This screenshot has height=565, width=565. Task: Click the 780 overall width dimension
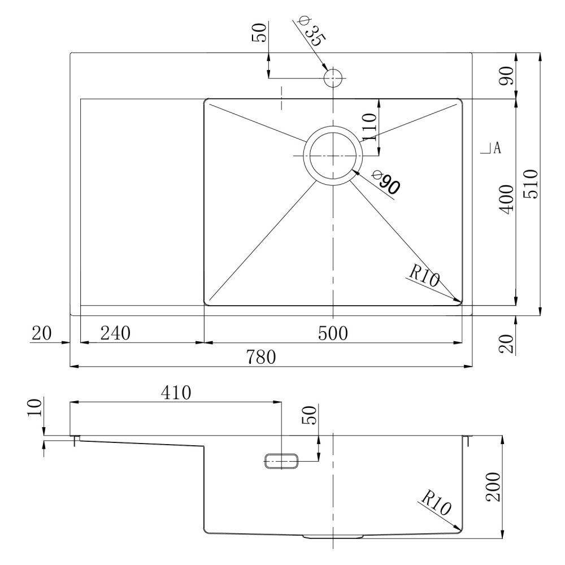[261, 357]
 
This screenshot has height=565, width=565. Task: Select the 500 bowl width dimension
[333, 333]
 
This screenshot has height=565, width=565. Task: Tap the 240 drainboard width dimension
[115, 333]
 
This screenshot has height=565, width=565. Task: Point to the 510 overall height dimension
[531, 184]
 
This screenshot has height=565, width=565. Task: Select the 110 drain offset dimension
[369, 127]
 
